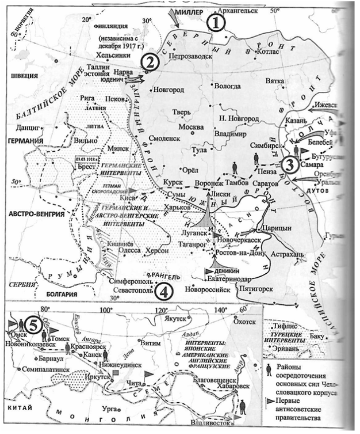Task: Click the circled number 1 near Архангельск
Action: coord(217,22)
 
